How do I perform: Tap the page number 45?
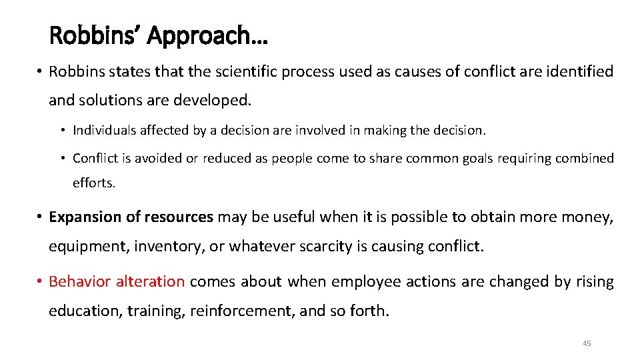tap(587, 343)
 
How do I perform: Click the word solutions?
tap(109, 101)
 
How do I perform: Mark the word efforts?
tap(94, 183)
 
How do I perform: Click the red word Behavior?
tap(80, 282)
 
